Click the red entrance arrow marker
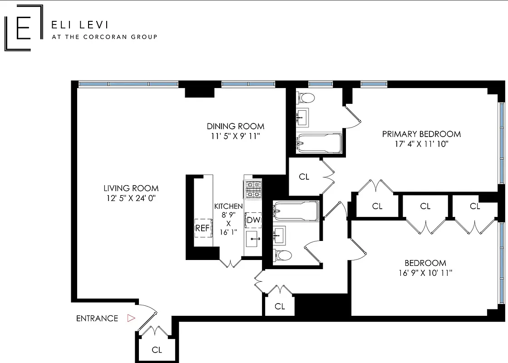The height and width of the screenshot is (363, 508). pyautogui.click(x=131, y=318)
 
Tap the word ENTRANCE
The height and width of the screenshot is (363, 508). pyautogui.click(x=97, y=319)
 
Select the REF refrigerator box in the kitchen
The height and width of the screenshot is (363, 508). pyautogui.click(x=202, y=228)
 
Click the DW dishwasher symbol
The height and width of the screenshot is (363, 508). pyautogui.click(x=253, y=221)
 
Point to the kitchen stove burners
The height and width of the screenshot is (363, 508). pyautogui.click(x=253, y=190)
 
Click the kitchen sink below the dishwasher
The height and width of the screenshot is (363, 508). pyautogui.click(x=253, y=238)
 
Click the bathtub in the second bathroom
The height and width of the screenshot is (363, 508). pyautogui.click(x=296, y=211)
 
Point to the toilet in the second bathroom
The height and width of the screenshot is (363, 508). pyautogui.click(x=282, y=255)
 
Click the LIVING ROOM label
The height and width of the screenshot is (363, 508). pyautogui.click(x=131, y=188)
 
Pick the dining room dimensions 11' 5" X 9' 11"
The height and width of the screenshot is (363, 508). pyautogui.click(x=235, y=136)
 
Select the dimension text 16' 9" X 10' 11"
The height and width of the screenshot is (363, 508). pyautogui.click(x=425, y=273)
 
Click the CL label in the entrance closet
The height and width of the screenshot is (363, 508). pyautogui.click(x=157, y=350)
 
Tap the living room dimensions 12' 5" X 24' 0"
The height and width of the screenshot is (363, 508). pyautogui.click(x=131, y=198)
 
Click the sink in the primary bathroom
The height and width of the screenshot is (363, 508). pyautogui.click(x=301, y=117)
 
